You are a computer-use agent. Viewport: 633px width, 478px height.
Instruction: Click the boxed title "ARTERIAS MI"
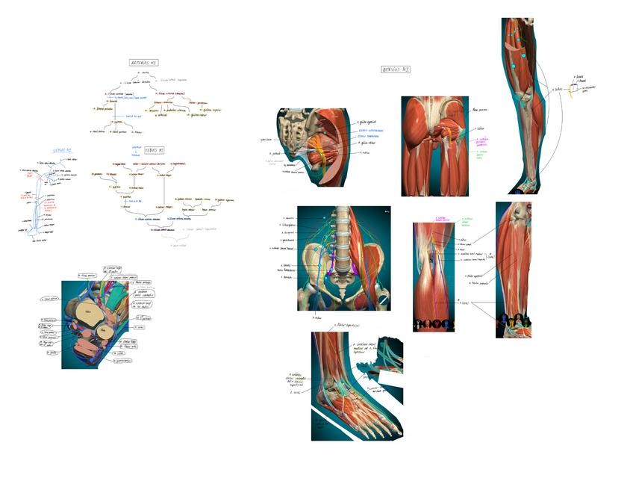143,63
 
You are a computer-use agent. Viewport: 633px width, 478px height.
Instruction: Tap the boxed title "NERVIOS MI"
396,69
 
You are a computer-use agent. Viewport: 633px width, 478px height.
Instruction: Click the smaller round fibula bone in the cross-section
105,329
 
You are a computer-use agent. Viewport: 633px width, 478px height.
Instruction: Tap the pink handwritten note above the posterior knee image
441,219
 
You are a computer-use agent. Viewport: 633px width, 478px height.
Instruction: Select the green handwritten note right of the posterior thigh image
482,153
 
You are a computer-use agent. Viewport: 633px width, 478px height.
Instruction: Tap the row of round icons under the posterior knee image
434,324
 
